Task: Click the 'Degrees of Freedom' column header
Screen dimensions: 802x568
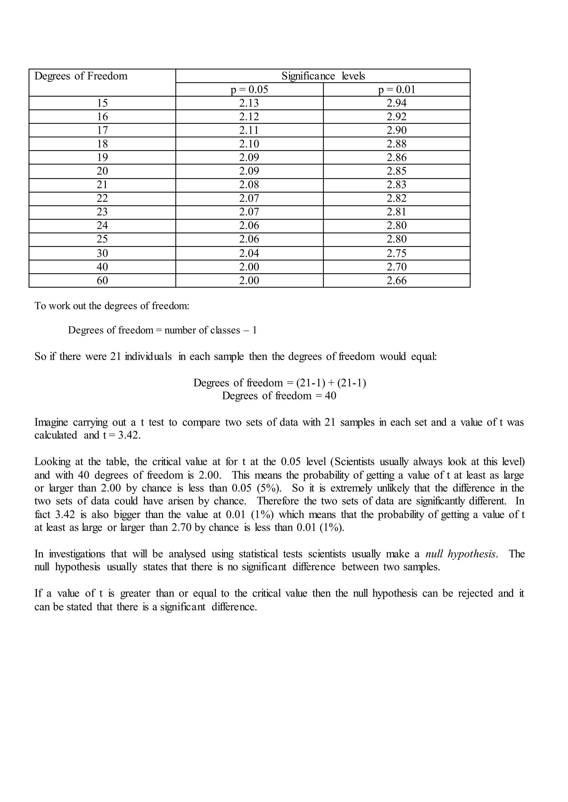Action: [x=81, y=76]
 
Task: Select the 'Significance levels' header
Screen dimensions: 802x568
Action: [x=323, y=76]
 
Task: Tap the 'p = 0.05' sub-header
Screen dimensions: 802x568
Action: [x=249, y=90]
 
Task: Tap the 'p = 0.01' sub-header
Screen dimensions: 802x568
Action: [x=397, y=90]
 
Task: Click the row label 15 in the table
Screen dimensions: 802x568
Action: [x=102, y=103]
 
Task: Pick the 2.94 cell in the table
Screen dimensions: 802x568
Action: [x=397, y=103]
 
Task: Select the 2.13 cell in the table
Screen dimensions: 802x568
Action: [x=249, y=103]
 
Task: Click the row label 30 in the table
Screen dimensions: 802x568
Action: [x=102, y=253]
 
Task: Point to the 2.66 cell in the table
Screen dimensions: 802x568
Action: [x=397, y=281]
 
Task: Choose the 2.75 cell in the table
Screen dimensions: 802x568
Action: [x=397, y=253]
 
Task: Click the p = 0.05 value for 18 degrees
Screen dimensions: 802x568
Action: [x=249, y=144]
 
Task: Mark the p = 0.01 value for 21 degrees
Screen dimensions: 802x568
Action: [x=397, y=185]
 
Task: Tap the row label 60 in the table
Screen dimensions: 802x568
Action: [x=102, y=281]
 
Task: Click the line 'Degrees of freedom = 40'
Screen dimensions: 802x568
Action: [x=279, y=396]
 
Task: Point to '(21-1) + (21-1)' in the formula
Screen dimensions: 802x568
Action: [x=331, y=383]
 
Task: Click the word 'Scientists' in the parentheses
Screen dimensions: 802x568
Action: [x=354, y=462]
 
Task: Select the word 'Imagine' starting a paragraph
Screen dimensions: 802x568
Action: [x=51, y=423]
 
